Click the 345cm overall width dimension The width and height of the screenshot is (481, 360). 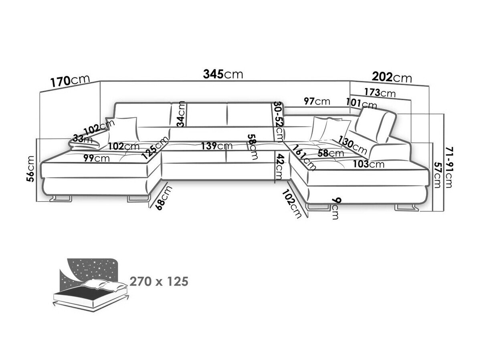tap(223, 74)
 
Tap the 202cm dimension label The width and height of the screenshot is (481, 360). tap(392, 76)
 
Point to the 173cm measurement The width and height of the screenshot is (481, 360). tap(380, 93)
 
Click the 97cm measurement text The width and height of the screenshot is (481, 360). tap(317, 101)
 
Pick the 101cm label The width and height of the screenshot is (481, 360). tap(362, 105)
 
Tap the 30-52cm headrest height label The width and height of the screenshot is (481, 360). tap(278, 121)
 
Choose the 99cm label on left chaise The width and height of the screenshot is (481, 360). tap(97, 158)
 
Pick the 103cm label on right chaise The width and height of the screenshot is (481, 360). tap(369, 164)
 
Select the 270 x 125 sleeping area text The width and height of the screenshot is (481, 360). tap(159, 282)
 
